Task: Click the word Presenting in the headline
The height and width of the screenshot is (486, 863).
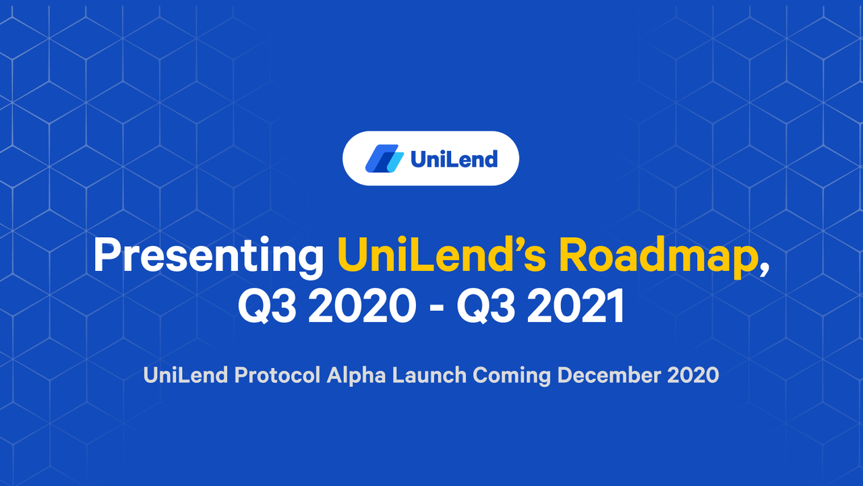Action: (209, 256)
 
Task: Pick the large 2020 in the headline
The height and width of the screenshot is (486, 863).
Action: (362, 306)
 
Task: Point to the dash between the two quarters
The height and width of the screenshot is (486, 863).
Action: (436, 308)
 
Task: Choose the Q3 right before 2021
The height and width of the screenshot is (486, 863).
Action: (486, 306)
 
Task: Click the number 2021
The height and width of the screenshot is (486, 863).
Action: (575, 306)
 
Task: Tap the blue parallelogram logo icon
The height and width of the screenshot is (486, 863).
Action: (384, 158)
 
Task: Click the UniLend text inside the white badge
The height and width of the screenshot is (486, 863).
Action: (454, 159)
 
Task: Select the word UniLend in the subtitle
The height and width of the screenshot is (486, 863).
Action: (185, 375)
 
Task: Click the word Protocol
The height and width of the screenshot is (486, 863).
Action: (277, 375)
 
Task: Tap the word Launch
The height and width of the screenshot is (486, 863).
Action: (429, 375)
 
